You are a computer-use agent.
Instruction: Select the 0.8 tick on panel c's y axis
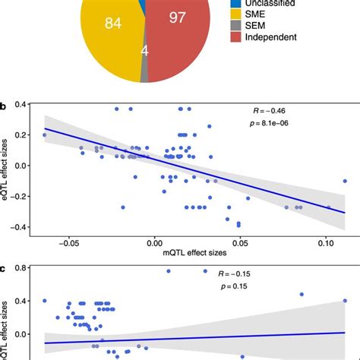coord(30,268)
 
